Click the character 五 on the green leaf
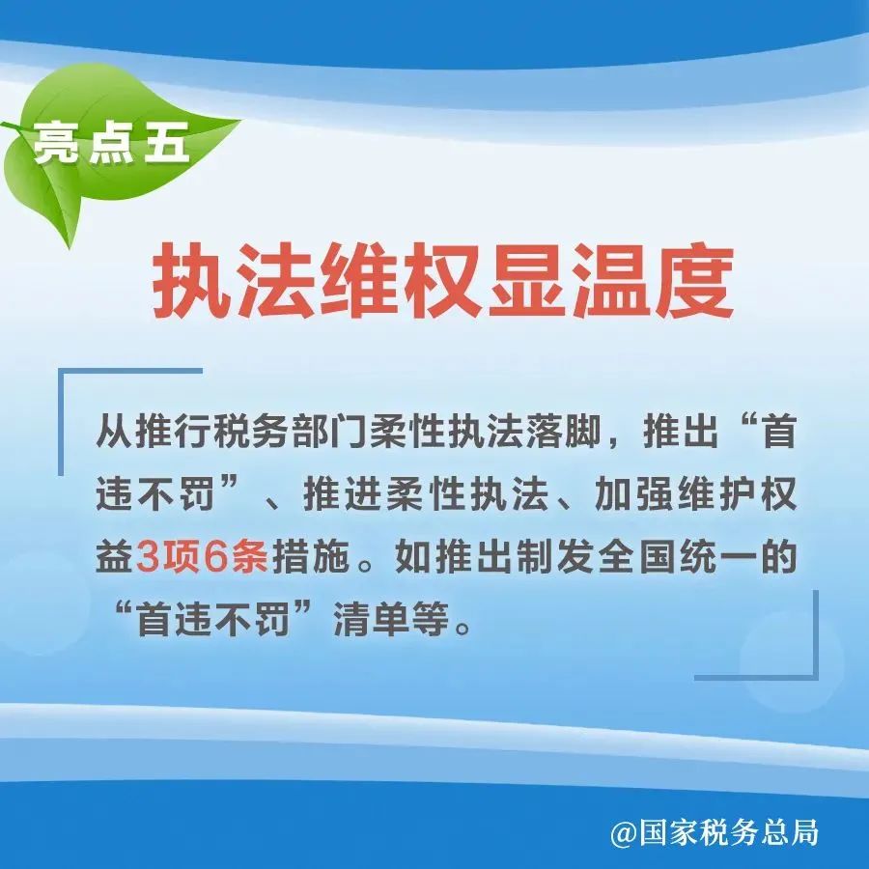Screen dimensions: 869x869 pos(167,143)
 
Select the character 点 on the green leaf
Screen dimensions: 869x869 pos(111,143)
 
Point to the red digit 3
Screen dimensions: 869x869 pos(147,556)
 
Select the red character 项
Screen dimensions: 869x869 pos(181,556)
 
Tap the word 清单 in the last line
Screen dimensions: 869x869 pos(368,619)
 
